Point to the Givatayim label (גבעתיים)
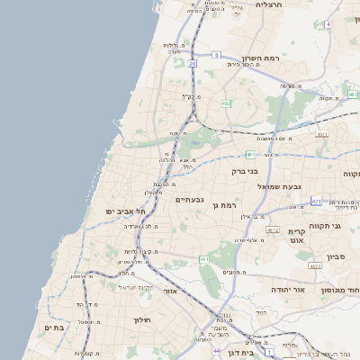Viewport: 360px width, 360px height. (x=190, y=199)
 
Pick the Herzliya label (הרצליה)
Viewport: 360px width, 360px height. (x=269, y=4)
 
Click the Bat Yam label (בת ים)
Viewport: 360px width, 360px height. (x=53, y=328)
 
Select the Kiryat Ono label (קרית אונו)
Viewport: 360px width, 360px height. (x=297, y=237)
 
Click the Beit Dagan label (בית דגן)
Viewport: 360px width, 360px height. (x=262, y=353)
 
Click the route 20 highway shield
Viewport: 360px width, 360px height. (x=193, y=64)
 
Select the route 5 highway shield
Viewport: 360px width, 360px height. (x=216, y=55)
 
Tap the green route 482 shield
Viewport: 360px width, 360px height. (x=225, y=103)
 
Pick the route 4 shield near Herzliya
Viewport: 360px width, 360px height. (x=329, y=23)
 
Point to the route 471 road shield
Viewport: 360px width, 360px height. (x=316, y=201)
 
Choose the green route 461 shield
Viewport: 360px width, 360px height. (x=204, y=259)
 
